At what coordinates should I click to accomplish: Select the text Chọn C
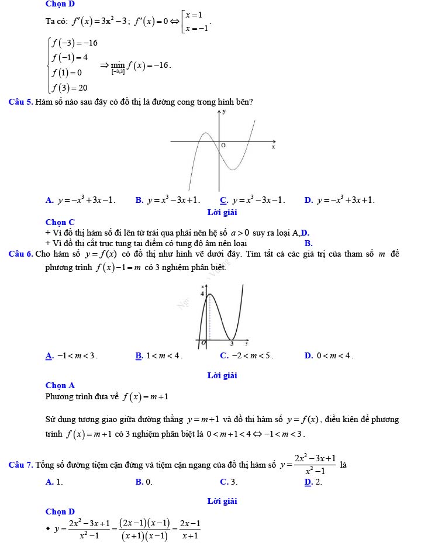click(60, 222)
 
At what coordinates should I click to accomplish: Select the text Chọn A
click(60, 385)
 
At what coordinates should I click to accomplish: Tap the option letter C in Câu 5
click(223, 201)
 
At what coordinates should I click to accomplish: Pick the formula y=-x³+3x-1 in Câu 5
click(87, 201)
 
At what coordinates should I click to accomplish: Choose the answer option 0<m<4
click(334, 355)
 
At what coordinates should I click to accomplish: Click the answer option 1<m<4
click(164, 355)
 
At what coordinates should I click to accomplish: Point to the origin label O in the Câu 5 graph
click(223, 144)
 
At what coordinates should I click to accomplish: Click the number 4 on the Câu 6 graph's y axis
click(202, 294)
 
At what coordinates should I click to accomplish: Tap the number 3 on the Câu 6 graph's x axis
click(232, 344)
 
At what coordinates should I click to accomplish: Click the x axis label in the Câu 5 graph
click(272, 147)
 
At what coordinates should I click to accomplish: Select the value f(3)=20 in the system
click(70, 88)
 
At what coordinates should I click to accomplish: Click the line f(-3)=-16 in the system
click(74, 43)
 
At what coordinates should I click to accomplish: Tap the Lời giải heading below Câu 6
click(222, 376)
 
